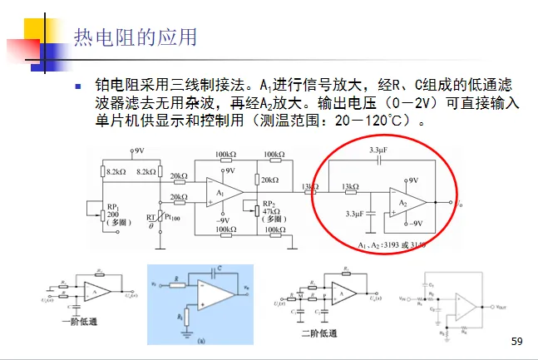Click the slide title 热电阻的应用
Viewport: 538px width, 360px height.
(136, 37)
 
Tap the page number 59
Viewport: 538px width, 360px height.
(516, 342)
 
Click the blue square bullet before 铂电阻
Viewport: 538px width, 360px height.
(79, 86)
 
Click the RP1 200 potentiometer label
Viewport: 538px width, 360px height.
(114, 212)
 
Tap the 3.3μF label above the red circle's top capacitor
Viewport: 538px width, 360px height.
(379, 150)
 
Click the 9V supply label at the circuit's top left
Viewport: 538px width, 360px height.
(138, 151)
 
